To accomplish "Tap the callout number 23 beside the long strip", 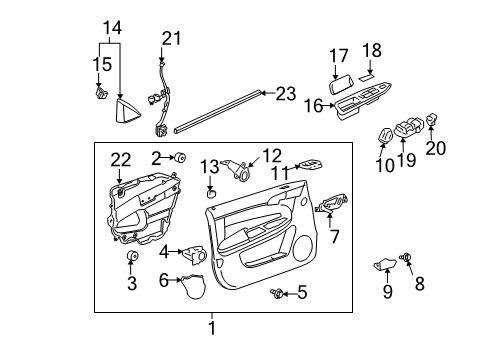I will coord(287,93).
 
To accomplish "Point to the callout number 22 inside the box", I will coord(120,161).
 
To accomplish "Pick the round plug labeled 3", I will coord(131,261).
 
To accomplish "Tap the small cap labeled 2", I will coord(183,157).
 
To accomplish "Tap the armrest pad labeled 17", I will coord(337,71).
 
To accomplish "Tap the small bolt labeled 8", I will coord(409,260).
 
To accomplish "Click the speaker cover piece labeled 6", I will coord(190,288).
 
